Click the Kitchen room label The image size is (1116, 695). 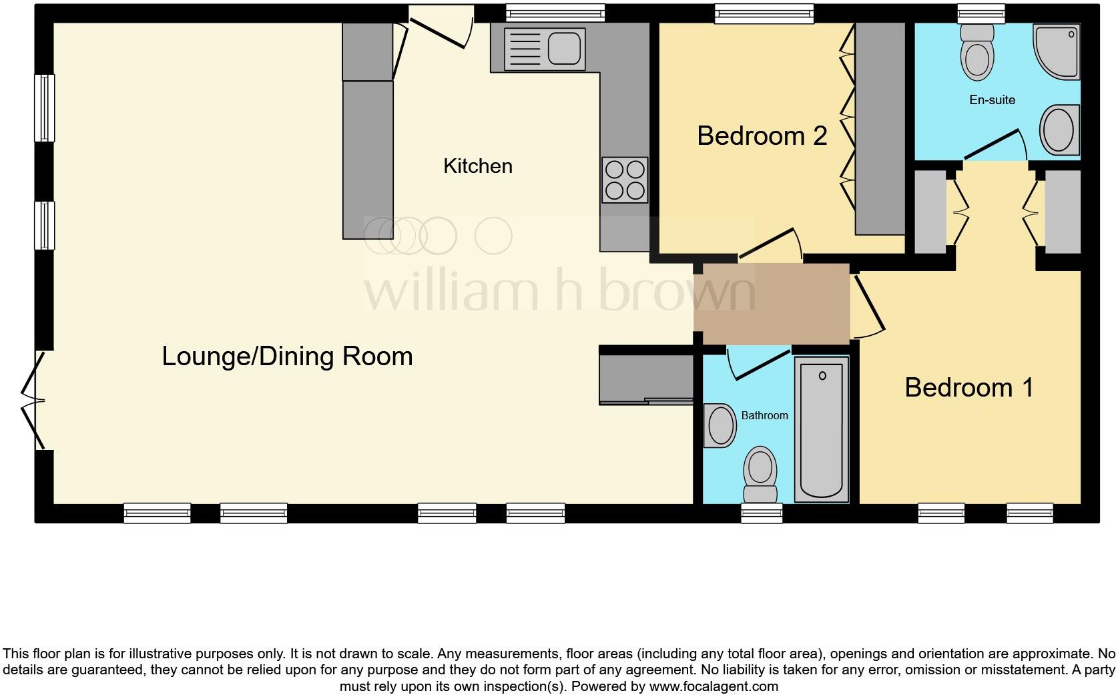pos(478,166)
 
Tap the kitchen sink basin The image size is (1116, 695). pos(564,49)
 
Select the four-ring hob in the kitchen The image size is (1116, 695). pos(625,180)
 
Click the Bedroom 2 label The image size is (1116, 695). pos(762,136)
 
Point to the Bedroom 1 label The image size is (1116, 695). pos(968,387)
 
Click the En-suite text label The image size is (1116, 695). pos(992,100)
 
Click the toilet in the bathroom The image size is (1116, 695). pos(760,474)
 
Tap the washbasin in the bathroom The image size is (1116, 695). pos(720,425)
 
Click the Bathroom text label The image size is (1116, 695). pos(764,415)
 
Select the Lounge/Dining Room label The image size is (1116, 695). pos(287,356)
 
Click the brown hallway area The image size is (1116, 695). pos(772,304)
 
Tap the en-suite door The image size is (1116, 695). pos(995,146)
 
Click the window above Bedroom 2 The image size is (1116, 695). pos(764,13)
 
